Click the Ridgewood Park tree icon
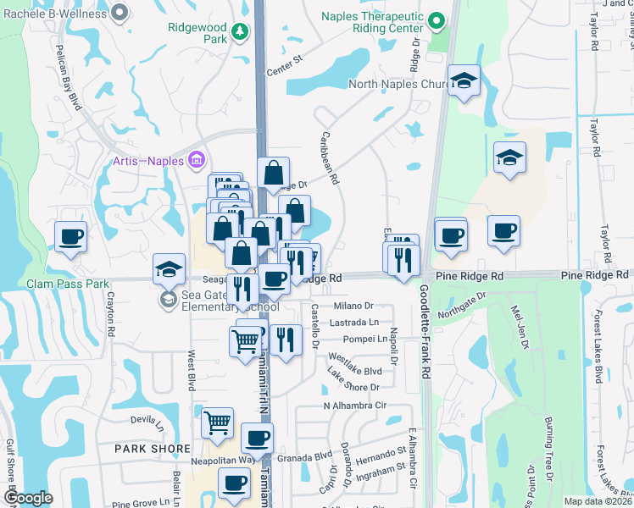240,31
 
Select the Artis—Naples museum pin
197,158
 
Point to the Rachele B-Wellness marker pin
119,11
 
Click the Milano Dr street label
353,306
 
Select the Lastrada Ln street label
355,323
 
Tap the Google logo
27,498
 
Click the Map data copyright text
598,501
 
